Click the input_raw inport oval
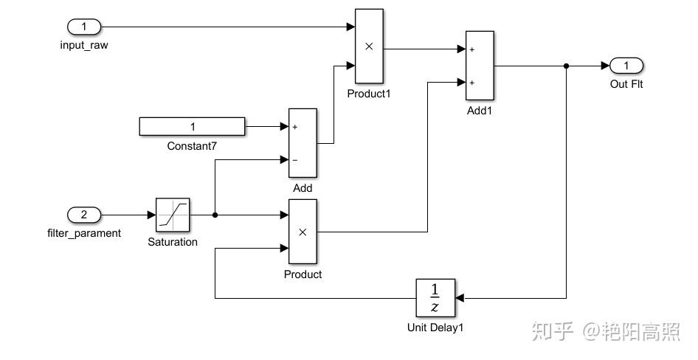[84, 27]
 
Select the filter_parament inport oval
[84, 215]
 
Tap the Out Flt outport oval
[626, 66]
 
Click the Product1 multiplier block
[369, 46]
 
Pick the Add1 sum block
[480, 66]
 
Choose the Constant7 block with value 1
[192, 127]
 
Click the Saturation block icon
[173, 215]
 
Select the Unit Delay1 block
[435, 298]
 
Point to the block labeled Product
[303, 232]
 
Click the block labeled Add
[303, 142]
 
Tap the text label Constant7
[192, 146]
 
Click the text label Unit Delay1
[435, 327]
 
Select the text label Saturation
[173, 242]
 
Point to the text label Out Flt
[626, 84]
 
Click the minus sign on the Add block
[295, 159]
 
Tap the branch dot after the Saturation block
[215, 215]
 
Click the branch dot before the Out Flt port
[566, 66]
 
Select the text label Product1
[368, 94]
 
